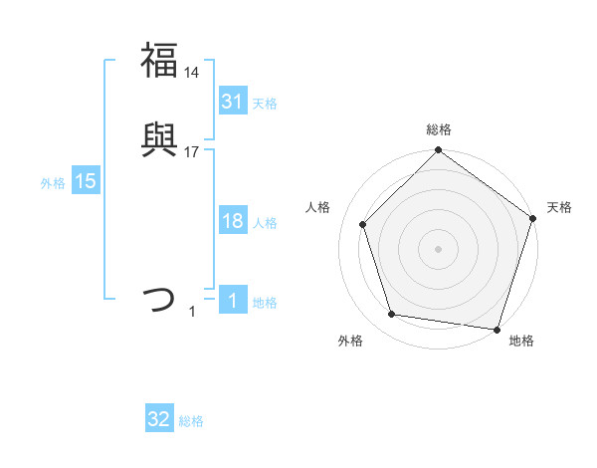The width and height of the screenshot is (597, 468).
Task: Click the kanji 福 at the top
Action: click(x=159, y=60)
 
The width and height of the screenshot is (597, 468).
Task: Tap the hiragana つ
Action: click(x=159, y=299)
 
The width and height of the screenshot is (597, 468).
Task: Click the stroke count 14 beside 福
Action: click(x=192, y=72)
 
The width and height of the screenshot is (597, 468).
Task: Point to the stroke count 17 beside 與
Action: click(x=192, y=152)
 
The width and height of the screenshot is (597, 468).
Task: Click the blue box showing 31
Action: click(x=232, y=102)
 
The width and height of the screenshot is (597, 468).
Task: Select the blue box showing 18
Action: click(x=232, y=221)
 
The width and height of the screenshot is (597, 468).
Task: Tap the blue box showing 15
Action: click(x=86, y=181)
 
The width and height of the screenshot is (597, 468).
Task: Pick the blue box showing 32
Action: click(x=159, y=419)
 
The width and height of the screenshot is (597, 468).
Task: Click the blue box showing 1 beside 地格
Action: click(x=232, y=301)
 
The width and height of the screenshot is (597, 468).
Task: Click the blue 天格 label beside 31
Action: click(x=265, y=104)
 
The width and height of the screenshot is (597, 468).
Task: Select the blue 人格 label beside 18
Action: click(x=265, y=223)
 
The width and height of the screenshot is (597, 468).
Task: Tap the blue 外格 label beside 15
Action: click(x=53, y=183)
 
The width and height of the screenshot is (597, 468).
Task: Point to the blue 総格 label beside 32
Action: click(x=191, y=421)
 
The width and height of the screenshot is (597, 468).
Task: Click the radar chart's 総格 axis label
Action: click(x=438, y=129)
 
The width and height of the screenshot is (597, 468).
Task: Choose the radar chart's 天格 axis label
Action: click(x=559, y=207)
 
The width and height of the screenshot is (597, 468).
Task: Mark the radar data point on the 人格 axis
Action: click(x=363, y=224)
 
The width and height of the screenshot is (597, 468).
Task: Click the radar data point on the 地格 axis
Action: click(x=497, y=329)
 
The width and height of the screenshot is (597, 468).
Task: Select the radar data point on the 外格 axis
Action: click(x=392, y=315)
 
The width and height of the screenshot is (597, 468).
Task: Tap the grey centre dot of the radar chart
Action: click(x=438, y=248)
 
